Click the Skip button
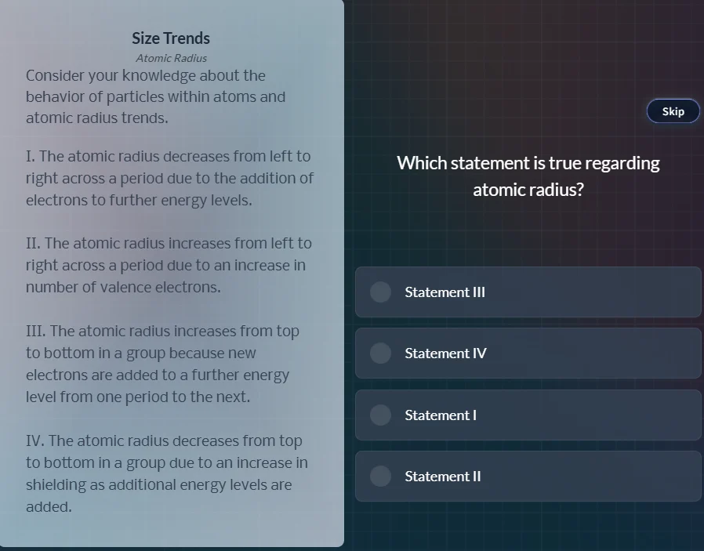pyautogui.click(x=673, y=111)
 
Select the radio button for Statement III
pyautogui.click(x=380, y=292)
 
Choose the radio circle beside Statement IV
pyautogui.click(x=380, y=353)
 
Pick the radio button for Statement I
pyautogui.click(x=380, y=415)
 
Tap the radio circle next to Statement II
pyautogui.click(x=380, y=476)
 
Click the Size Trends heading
pyautogui.click(x=171, y=38)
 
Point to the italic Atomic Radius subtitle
pyautogui.click(x=171, y=58)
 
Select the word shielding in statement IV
pyautogui.click(x=56, y=485)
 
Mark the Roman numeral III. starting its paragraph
pyautogui.click(x=35, y=332)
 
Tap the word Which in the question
pyautogui.click(x=421, y=163)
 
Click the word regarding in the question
pyautogui.click(x=622, y=163)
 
